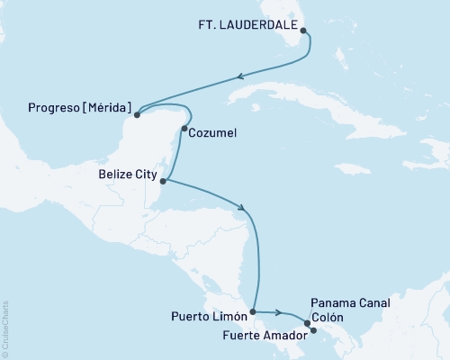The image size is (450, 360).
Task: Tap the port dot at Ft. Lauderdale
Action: (x=303, y=31)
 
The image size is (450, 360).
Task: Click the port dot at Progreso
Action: (x=137, y=114)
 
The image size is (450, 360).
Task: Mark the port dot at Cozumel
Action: (x=184, y=129)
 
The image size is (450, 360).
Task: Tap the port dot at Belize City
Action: (x=163, y=181)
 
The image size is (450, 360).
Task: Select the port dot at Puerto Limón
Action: (x=253, y=312)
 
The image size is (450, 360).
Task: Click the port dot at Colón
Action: (x=308, y=322)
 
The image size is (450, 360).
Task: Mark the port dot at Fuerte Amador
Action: (x=313, y=330)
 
